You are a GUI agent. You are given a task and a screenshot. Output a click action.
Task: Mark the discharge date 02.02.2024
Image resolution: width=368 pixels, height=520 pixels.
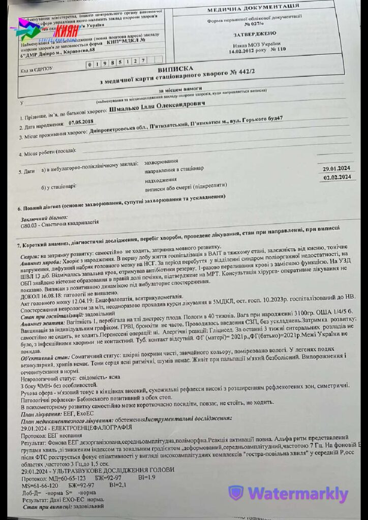point(338,177)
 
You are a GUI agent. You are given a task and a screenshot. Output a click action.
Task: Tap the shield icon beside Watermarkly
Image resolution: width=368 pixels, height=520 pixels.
point(235,493)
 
